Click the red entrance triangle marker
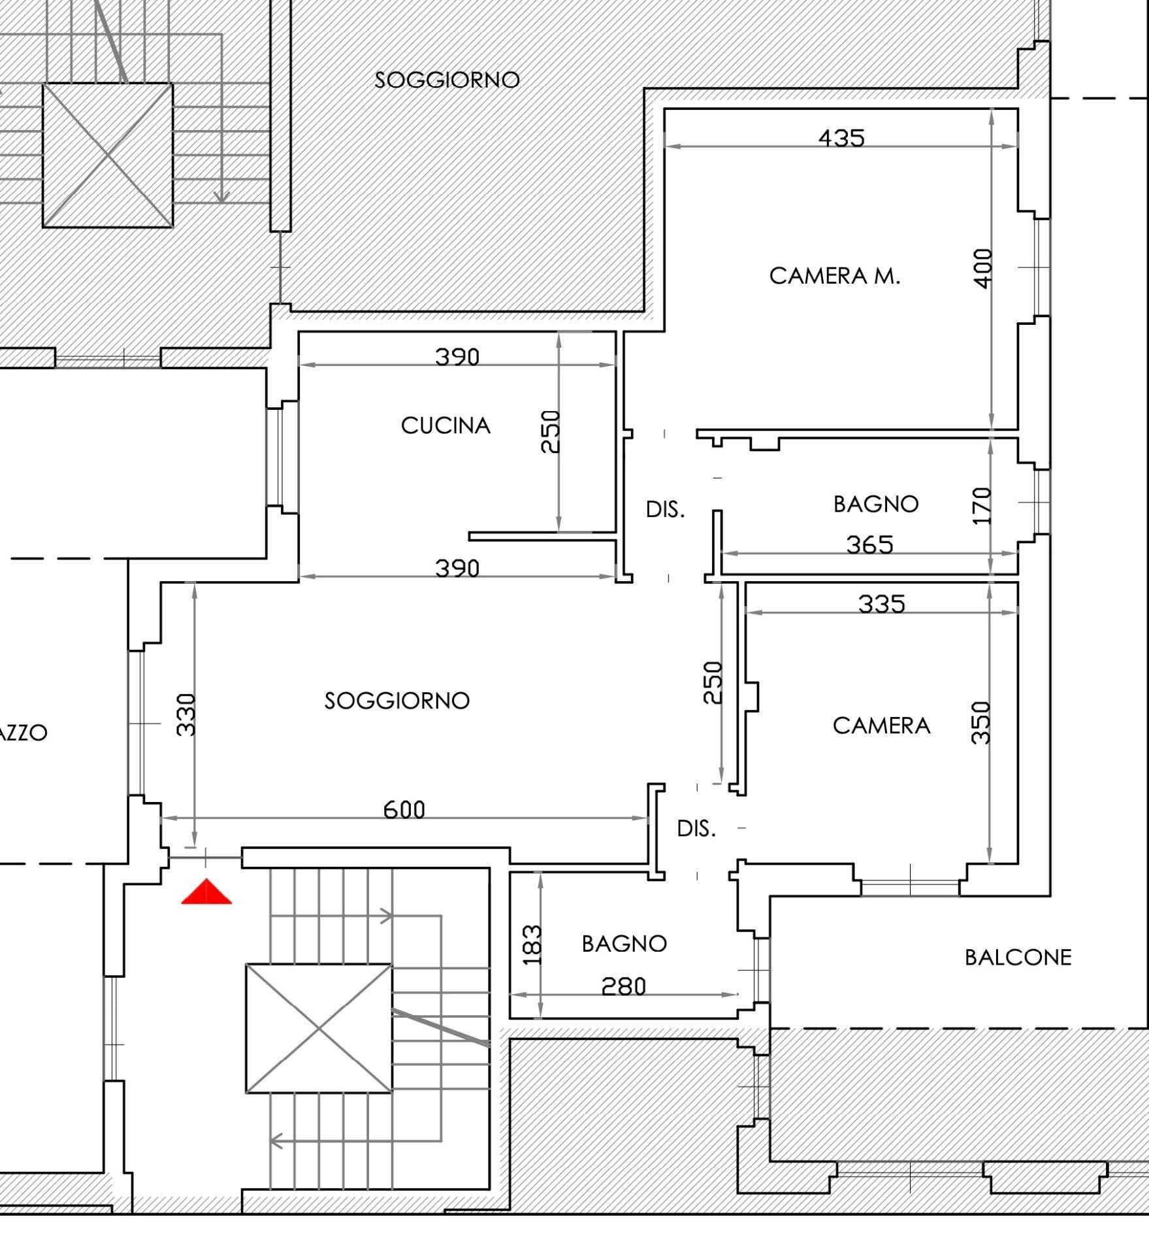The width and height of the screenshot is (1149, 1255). click(x=206, y=892)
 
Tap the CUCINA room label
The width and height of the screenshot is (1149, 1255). click(x=445, y=426)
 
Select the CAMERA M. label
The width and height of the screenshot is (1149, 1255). click(x=834, y=276)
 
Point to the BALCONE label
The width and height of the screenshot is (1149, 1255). click(x=1018, y=958)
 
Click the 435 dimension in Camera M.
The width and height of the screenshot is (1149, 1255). click(x=841, y=138)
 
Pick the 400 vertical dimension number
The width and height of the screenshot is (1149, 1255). click(x=982, y=268)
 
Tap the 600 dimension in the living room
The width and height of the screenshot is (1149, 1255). click(x=404, y=810)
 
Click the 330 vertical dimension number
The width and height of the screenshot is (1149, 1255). click(x=186, y=714)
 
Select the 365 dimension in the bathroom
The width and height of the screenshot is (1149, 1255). click(x=869, y=544)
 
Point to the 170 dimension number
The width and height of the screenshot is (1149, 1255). click(x=982, y=505)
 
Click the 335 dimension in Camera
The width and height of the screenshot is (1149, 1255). click(x=882, y=604)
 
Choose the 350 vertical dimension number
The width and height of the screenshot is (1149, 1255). click(x=981, y=722)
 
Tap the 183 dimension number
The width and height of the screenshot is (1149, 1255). click(x=533, y=945)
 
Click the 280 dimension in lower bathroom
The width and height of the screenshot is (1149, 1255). click(x=623, y=986)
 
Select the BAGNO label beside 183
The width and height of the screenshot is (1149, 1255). click(x=624, y=944)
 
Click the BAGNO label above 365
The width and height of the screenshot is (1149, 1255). click(x=876, y=504)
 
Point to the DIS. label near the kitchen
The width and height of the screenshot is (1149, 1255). click(x=666, y=509)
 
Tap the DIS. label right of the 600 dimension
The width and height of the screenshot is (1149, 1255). click(x=696, y=829)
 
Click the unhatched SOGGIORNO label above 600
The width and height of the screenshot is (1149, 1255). click(x=397, y=701)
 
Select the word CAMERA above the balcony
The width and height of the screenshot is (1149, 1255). click(x=882, y=726)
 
